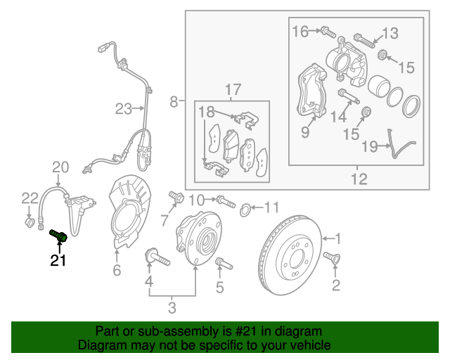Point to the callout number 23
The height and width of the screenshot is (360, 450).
tap(124, 108)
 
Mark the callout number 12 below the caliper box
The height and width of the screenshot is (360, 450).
tap(359, 179)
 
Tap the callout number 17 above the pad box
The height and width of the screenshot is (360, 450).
tap(233, 89)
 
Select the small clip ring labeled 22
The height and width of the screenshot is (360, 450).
tap(29, 224)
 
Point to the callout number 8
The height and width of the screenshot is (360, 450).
tap(174, 103)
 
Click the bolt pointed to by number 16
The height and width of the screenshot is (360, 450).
tap(328, 32)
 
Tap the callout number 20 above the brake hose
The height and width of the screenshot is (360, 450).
tap(60, 167)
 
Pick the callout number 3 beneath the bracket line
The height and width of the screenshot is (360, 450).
tap(172, 308)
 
